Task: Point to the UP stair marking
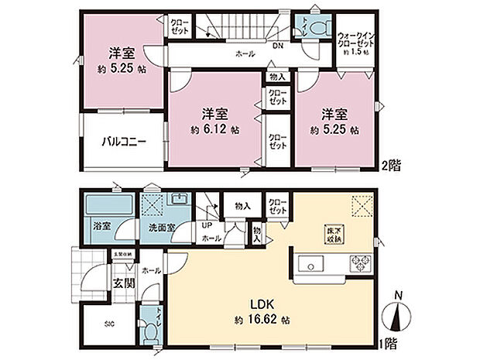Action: click(207, 226)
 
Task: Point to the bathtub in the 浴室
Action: click(101, 207)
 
